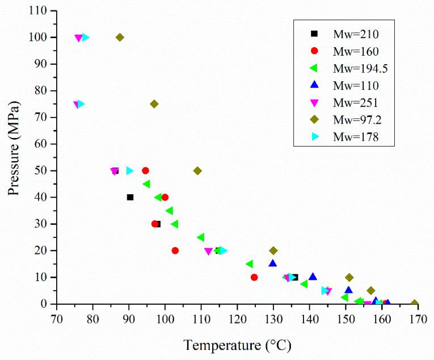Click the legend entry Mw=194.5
point(346,69)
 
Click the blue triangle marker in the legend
point(306,86)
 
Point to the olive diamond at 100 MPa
point(120,37)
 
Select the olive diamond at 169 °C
point(414,304)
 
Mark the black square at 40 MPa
point(130,197)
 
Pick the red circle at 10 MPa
point(254,277)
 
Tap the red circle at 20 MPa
point(175,250)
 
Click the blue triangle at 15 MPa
point(273,263)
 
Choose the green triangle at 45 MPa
point(146,184)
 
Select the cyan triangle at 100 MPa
point(86,37)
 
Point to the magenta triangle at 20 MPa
point(208,251)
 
